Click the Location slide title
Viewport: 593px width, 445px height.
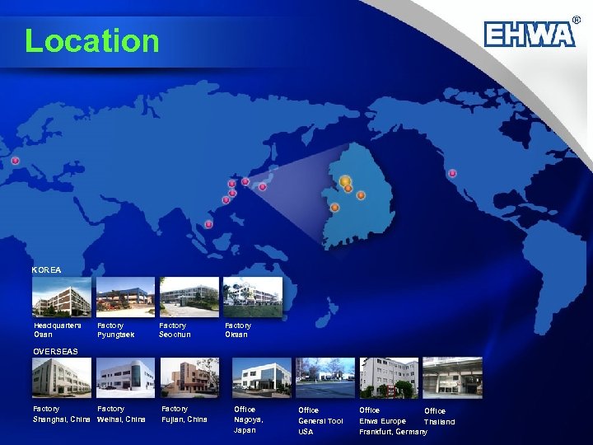click(x=91, y=40)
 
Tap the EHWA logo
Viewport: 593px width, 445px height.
click(x=530, y=33)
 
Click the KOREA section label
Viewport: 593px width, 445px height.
click(x=46, y=269)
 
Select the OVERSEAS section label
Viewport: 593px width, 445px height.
click(x=56, y=351)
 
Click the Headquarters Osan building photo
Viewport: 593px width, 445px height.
click(x=62, y=297)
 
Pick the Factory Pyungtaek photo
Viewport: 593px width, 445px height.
click(x=125, y=297)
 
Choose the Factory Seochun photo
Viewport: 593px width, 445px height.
click(x=189, y=297)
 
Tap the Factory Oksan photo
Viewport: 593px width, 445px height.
click(x=253, y=297)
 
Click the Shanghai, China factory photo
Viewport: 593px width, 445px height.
click(x=62, y=378)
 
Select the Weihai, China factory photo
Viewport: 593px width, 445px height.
click(x=125, y=378)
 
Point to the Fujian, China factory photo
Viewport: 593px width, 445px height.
click(x=189, y=378)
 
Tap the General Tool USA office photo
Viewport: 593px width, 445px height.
click(x=325, y=378)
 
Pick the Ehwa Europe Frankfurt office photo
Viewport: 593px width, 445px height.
click(x=389, y=378)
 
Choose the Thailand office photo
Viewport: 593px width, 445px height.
click(x=452, y=378)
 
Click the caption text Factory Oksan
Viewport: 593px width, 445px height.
click(x=237, y=330)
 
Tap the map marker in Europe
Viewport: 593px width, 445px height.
click(x=16, y=161)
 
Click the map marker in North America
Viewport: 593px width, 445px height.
click(x=452, y=173)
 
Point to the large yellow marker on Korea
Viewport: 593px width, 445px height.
click(x=345, y=180)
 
